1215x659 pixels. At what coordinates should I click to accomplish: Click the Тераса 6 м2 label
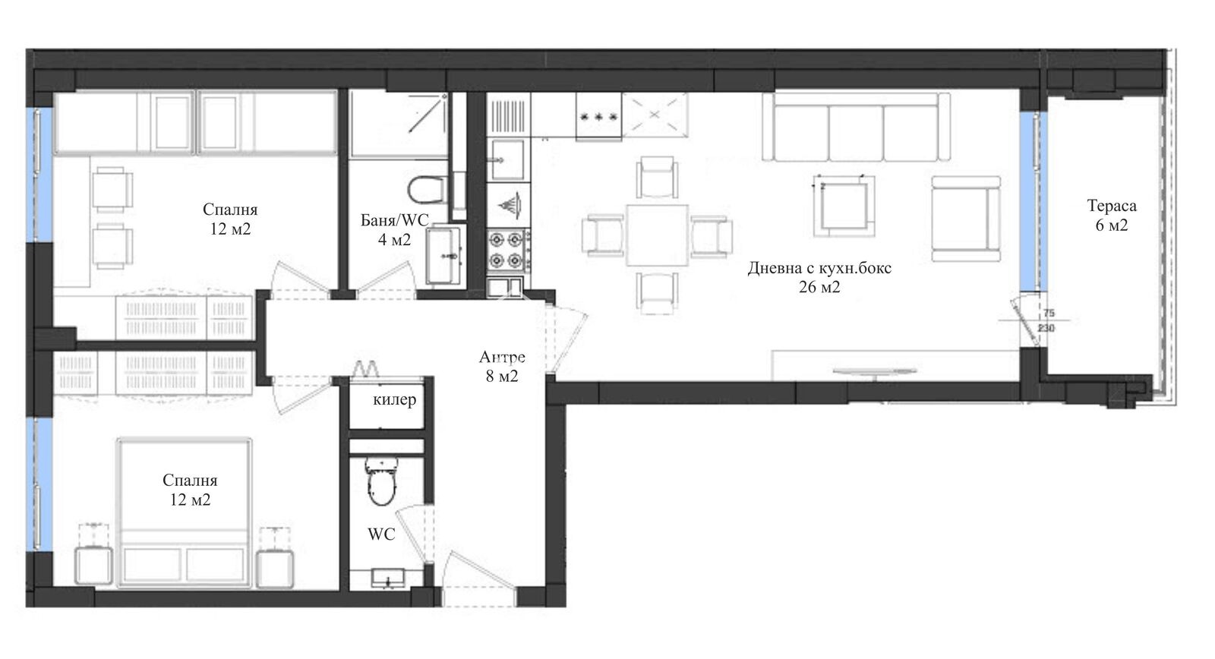pyautogui.click(x=1111, y=216)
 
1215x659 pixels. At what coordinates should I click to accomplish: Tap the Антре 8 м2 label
pyautogui.click(x=502, y=366)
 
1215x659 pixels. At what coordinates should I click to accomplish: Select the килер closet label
pyautogui.click(x=394, y=399)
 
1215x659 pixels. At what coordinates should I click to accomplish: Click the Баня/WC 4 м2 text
pyautogui.click(x=394, y=230)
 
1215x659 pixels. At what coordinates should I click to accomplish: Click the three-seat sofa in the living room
pyautogui.click(x=856, y=128)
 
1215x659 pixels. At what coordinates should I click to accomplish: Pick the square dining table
pyautogui.click(x=657, y=235)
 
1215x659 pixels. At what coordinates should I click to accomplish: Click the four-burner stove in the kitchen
pyautogui.click(x=507, y=251)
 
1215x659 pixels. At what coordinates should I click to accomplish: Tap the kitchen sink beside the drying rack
pyautogui.click(x=506, y=158)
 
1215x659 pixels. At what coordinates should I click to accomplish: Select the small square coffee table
pyautogui.click(x=842, y=206)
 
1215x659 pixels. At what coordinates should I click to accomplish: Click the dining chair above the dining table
pyautogui.click(x=657, y=178)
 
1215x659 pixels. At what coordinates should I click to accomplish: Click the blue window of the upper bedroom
pyautogui.click(x=33, y=175)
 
